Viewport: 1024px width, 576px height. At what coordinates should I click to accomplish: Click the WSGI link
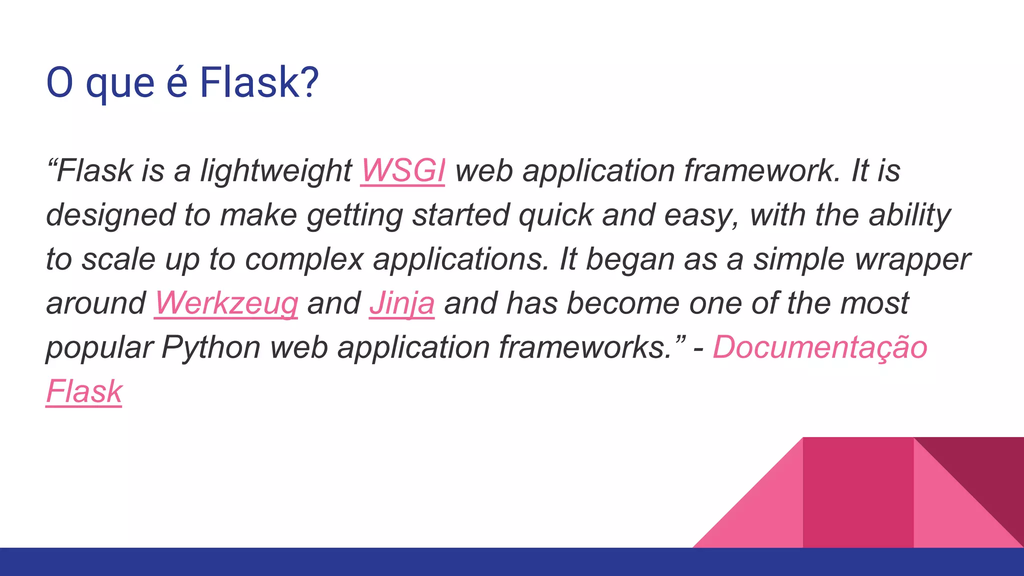click(402, 171)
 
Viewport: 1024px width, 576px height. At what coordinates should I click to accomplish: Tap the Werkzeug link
click(226, 303)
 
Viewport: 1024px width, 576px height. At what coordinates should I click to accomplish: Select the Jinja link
click(401, 303)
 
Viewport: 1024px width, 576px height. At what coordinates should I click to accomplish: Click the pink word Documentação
click(820, 347)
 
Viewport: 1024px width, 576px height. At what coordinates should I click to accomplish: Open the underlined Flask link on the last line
click(84, 391)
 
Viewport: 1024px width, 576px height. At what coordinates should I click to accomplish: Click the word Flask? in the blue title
click(259, 82)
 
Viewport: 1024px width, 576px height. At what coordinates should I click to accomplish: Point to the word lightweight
click(276, 171)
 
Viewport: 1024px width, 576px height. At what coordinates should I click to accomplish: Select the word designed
click(110, 215)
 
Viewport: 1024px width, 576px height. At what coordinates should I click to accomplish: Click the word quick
click(555, 215)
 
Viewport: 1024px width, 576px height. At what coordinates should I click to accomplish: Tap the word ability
click(909, 215)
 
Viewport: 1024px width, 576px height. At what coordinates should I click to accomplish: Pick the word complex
click(304, 259)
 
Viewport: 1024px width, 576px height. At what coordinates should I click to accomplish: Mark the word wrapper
click(912, 259)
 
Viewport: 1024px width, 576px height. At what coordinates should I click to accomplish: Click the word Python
click(210, 347)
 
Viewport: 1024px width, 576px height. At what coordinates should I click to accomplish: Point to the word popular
click(99, 347)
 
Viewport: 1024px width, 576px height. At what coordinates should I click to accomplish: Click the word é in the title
click(177, 82)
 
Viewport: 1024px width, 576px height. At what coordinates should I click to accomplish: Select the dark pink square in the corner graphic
click(858, 492)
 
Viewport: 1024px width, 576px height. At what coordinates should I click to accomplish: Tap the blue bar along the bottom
click(512, 562)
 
